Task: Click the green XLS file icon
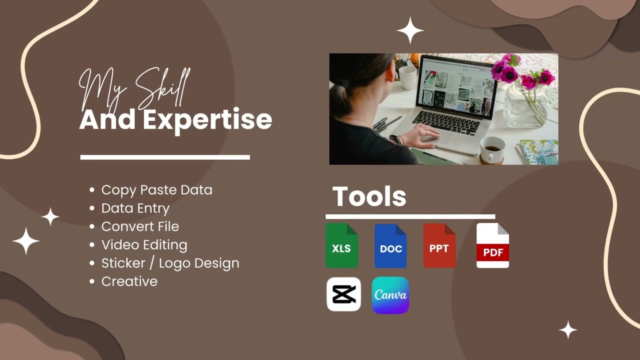tap(341, 245)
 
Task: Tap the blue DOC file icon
tap(390, 245)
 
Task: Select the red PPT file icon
tap(439, 245)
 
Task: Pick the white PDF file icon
tap(492, 245)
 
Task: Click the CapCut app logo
tap(343, 294)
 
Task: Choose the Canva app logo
tap(390, 295)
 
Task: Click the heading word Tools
tap(369, 196)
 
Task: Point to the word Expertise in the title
tap(207, 120)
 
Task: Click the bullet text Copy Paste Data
tap(156, 190)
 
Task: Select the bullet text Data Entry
tap(135, 208)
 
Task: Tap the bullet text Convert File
tap(140, 226)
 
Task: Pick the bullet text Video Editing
tap(144, 245)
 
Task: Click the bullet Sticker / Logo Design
tap(170, 263)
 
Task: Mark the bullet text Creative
tap(129, 281)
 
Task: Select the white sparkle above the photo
tap(410, 30)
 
